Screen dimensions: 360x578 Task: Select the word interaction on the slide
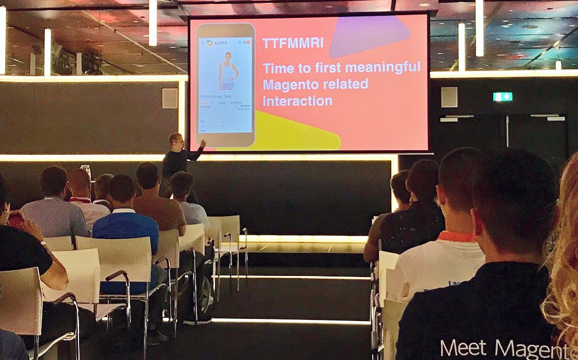tap(297, 101)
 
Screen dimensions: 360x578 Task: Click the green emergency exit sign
tap(502, 96)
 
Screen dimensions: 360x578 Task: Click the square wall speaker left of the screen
tap(170, 98)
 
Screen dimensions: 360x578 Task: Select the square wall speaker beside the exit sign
tap(449, 97)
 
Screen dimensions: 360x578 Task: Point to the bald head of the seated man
tap(78, 181)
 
